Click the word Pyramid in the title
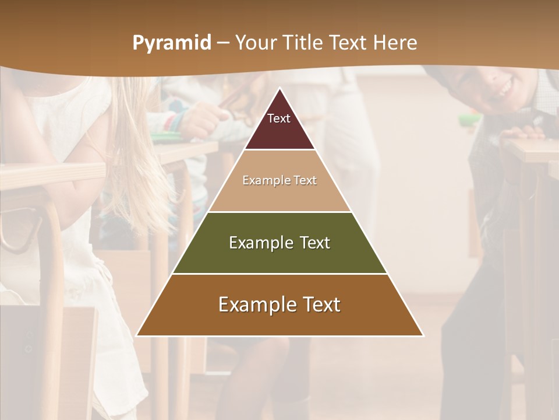[x=171, y=43]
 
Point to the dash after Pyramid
[x=222, y=43]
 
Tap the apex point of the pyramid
[x=280, y=89]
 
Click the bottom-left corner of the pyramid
[x=137, y=335]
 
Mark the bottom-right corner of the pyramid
[x=423, y=335]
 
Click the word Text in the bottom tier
[x=321, y=304]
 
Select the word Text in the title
[x=349, y=43]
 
